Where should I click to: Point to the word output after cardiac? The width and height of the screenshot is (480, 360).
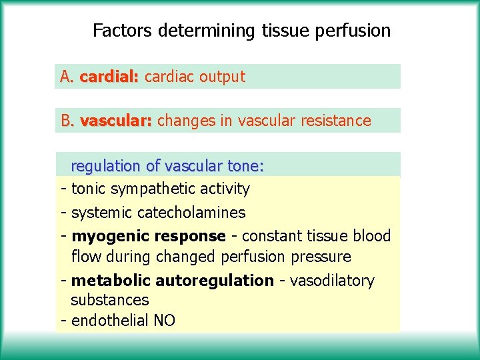pos(222,77)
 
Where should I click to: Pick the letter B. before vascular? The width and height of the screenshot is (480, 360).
pos(68,121)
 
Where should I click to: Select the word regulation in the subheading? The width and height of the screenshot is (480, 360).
pos(105,166)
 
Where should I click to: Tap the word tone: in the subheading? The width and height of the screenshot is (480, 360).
pos(246,166)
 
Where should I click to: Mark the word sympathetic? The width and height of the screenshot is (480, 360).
pos(150,189)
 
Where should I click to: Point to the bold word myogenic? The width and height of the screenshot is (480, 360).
pos(110,236)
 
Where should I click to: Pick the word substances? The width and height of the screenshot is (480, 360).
pos(110,300)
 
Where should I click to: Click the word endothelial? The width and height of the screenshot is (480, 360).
pos(110,321)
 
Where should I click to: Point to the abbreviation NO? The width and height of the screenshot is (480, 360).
pos(165,321)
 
